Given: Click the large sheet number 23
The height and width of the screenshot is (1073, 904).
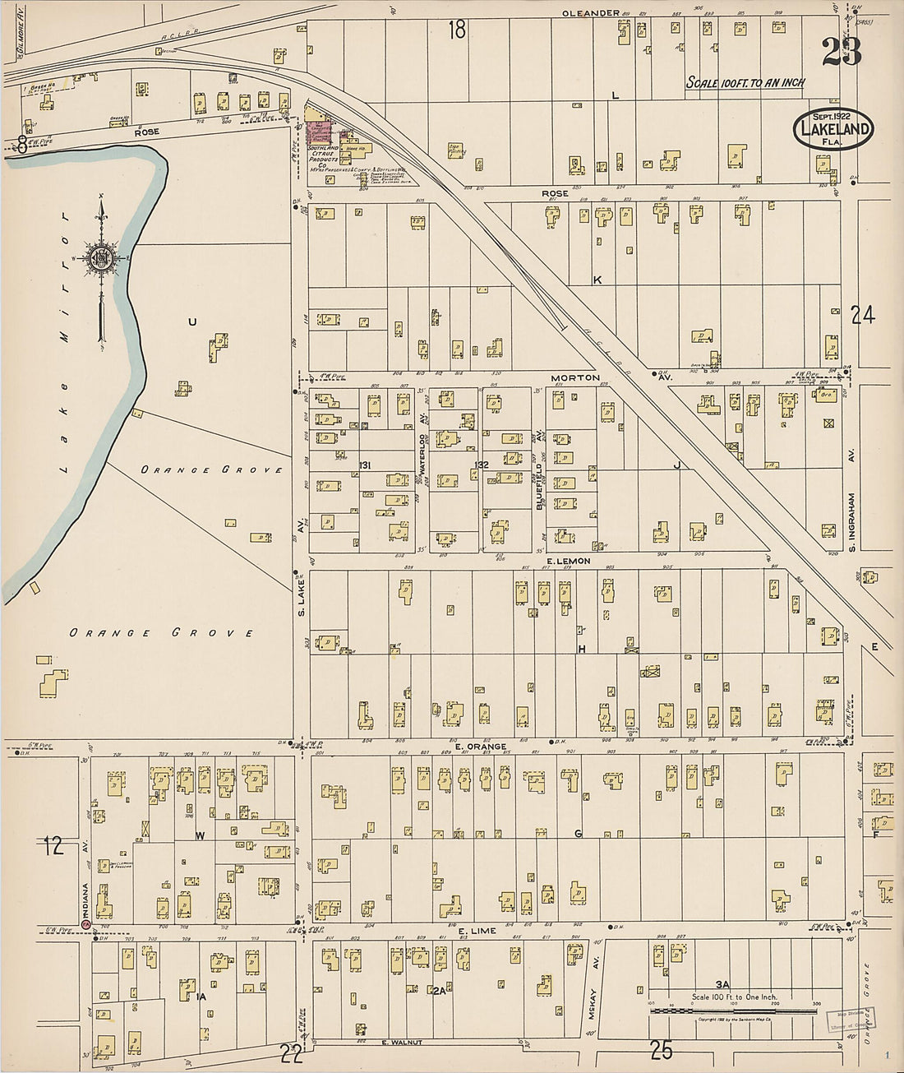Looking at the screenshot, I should [x=842, y=51].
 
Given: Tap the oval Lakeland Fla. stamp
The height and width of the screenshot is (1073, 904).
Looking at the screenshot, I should [x=833, y=128].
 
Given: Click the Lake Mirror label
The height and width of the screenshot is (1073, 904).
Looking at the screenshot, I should [x=66, y=345].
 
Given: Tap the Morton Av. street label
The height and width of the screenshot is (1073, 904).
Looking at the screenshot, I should [x=581, y=377].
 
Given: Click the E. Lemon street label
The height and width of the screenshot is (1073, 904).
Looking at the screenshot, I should [x=568, y=561].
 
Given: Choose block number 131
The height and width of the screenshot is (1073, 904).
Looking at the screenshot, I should [x=365, y=466].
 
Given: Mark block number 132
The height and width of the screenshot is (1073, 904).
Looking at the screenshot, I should [x=481, y=465].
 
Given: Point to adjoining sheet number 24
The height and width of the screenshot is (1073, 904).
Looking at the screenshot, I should [x=862, y=315].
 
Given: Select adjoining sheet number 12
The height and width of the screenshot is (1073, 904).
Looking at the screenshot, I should [x=53, y=845].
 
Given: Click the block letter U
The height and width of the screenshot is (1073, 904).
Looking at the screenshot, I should [x=192, y=322].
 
